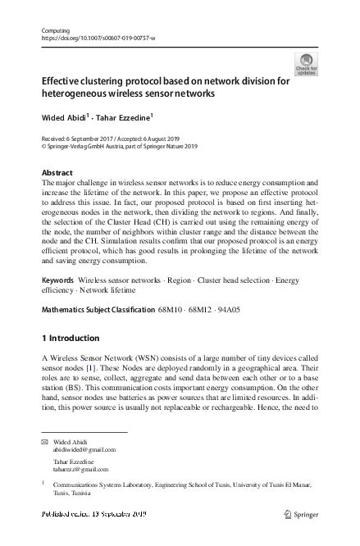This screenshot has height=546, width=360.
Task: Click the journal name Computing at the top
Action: [x=55, y=30]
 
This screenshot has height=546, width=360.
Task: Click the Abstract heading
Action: [x=57, y=173]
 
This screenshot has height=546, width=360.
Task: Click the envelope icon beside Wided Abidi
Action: [x=44, y=441]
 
